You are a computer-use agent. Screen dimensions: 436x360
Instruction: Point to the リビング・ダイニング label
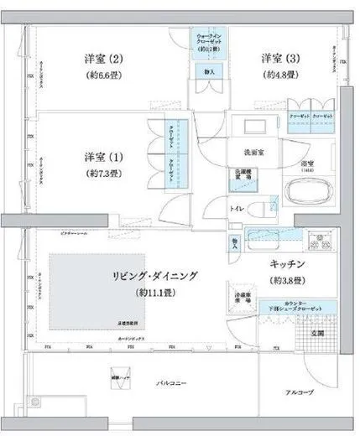tap(155, 275)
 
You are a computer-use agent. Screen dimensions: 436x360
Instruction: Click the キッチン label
tap(287, 265)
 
